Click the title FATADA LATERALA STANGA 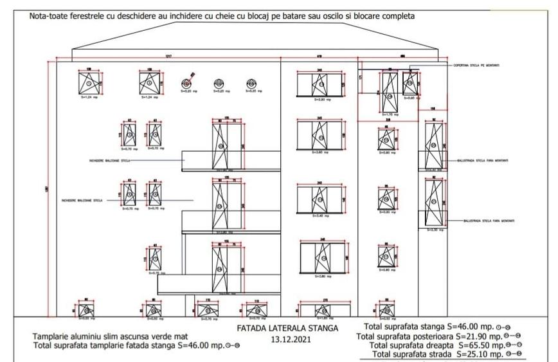pos(287,328)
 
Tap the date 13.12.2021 pos(287,339)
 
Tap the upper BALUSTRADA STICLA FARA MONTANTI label pos(482,161)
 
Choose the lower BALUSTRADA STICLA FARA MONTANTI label pos(488,221)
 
